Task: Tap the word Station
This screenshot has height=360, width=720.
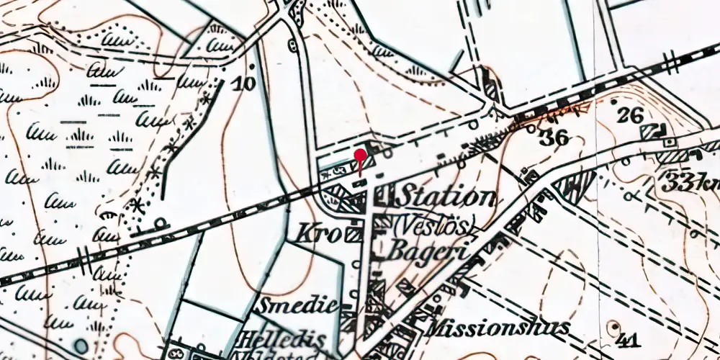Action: click(x=447, y=197)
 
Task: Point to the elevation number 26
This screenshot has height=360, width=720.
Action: click(x=631, y=114)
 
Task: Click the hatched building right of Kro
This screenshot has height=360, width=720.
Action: click(x=354, y=234)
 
